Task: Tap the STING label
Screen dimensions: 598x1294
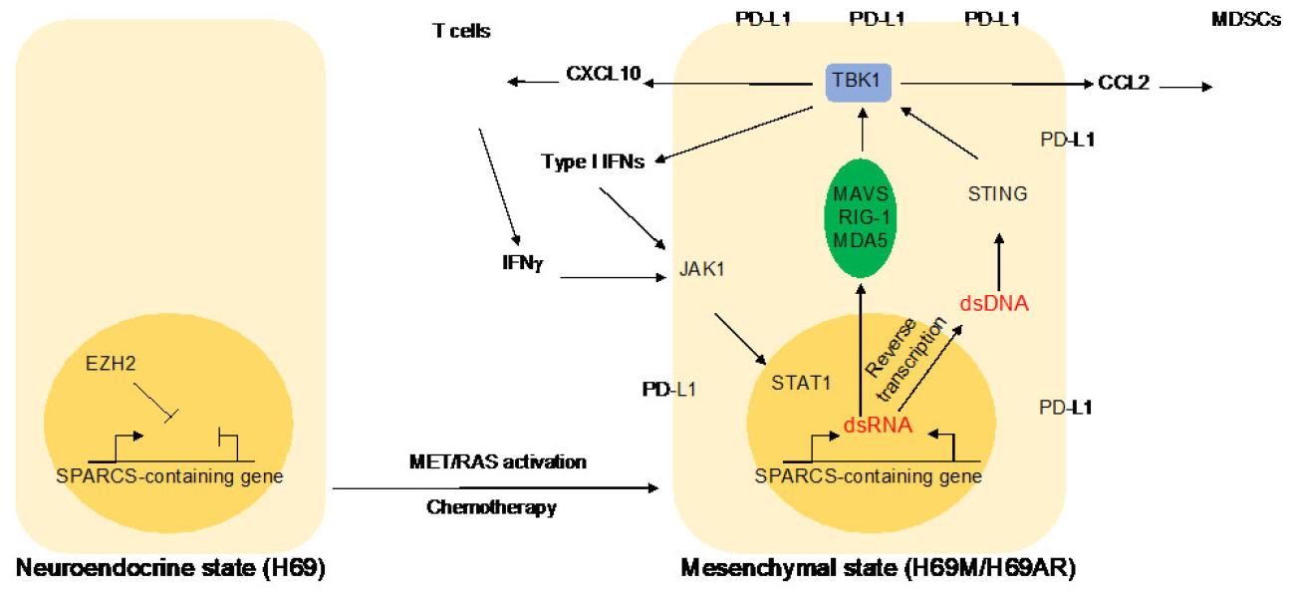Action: [x=997, y=194]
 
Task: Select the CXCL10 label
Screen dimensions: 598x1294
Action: [x=604, y=74]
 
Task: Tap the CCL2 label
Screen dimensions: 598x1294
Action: [x=1125, y=83]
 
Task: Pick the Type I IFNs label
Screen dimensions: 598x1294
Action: [x=594, y=161]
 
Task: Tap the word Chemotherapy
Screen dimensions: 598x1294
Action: [x=491, y=507]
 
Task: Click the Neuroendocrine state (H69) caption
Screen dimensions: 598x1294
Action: [x=169, y=570]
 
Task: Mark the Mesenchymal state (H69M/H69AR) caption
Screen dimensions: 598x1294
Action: [x=879, y=570]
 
